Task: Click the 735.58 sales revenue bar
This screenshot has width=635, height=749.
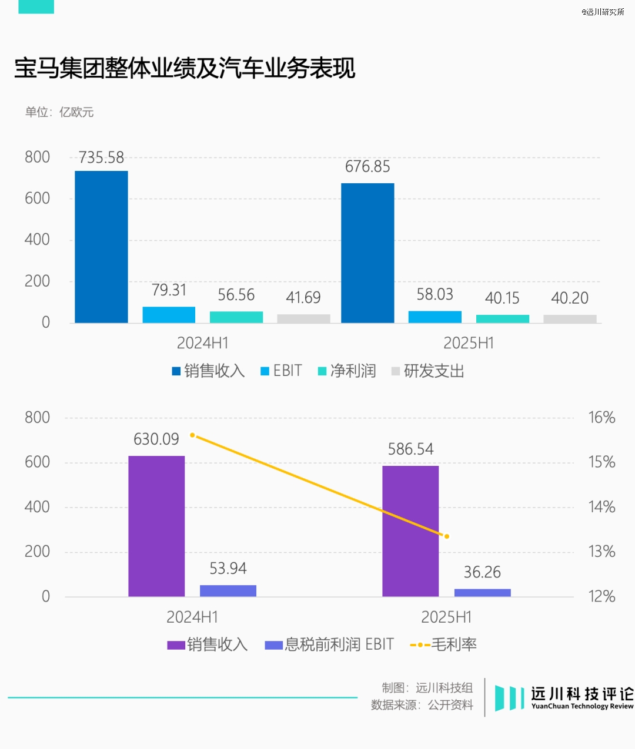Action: (x=101, y=247)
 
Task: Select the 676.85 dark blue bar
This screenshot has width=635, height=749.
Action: (x=367, y=253)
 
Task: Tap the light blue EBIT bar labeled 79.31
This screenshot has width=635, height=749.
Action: (x=169, y=314)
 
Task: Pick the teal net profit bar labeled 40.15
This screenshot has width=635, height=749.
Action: (x=502, y=318)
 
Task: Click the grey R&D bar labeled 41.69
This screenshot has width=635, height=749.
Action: (x=303, y=318)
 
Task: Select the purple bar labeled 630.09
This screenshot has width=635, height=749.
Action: (x=156, y=526)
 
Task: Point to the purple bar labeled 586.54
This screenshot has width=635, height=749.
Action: (x=410, y=531)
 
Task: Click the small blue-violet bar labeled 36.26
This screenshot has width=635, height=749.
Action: (x=482, y=592)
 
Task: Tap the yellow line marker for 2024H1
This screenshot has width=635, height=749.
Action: (x=192, y=435)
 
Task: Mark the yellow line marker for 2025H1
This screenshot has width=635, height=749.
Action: (x=447, y=536)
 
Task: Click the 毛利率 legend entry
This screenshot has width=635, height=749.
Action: (x=444, y=644)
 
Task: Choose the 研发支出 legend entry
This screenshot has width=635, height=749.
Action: (x=429, y=371)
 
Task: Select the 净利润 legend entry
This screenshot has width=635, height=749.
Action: (x=347, y=371)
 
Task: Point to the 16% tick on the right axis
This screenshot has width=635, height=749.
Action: (x=601, y=418)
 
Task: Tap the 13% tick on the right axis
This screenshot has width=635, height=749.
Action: (x=601, y=552)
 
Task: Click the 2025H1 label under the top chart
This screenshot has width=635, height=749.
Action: (x=469, y=343)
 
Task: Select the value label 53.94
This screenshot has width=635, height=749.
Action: (x=228, y=569)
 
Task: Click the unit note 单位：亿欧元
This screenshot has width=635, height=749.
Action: (x=59, y=112)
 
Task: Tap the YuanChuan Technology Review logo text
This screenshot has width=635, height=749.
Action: (x=581, y=706)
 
